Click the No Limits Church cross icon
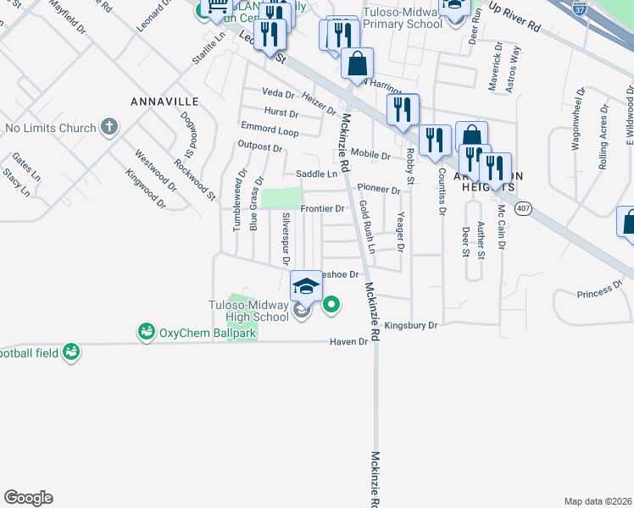tap(108, 128)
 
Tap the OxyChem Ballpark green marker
tap(147, 332)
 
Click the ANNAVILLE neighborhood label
tap(164, 102)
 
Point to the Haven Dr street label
tap(350, 342)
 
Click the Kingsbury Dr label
tap(410, 325)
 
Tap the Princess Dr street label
tap(599, 291)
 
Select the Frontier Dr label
tap(322, 208)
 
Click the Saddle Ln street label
tap(316, 174)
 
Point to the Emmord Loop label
tap(270, 132)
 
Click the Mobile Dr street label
tap(370, 156)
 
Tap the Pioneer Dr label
tap(378, 188)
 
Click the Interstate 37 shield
tap(580, 10)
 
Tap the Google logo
tap(28, 497)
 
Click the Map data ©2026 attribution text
tap(598, 501)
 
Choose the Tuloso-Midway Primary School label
tap(403, 19)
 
